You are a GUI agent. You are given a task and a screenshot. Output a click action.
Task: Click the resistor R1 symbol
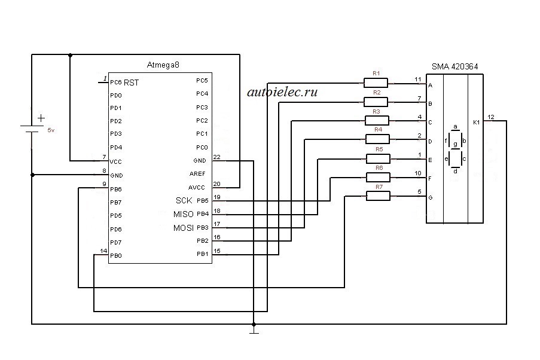(376, 83)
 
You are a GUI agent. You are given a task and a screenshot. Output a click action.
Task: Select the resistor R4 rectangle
(377, 139)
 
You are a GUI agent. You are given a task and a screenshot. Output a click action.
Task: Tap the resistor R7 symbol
(378, 196)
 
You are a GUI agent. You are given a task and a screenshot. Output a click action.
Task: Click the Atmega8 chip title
(163, 65)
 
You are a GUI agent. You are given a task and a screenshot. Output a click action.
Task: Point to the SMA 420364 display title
(454, 66)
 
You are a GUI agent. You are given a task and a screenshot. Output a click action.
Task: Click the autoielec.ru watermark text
(282, 92)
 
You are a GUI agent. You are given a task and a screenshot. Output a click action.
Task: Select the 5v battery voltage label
(51, 130)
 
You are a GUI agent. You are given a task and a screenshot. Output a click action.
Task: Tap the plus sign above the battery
(41, 118)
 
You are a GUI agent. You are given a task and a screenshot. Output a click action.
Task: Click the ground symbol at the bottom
(254, 331)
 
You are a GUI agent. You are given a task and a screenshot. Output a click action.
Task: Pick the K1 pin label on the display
(476, 123)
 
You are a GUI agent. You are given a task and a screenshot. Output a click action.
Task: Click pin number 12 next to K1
(491, 117)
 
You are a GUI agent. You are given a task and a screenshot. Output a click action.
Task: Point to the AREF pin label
(197, 174)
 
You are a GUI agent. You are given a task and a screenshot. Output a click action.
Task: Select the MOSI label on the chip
(184, 228)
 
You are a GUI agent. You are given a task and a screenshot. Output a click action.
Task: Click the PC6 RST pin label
(124, 83)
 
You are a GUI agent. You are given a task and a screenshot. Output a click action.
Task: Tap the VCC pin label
(115, 161)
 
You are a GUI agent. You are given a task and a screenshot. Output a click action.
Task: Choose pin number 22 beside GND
(216, 157)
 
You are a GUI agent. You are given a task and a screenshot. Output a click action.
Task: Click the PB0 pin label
(116, 255)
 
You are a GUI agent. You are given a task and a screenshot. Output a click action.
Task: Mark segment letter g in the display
(455, 144)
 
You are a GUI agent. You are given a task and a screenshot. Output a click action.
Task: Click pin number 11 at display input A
(418, 79)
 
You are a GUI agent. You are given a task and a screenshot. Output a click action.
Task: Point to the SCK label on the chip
(184, 200)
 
